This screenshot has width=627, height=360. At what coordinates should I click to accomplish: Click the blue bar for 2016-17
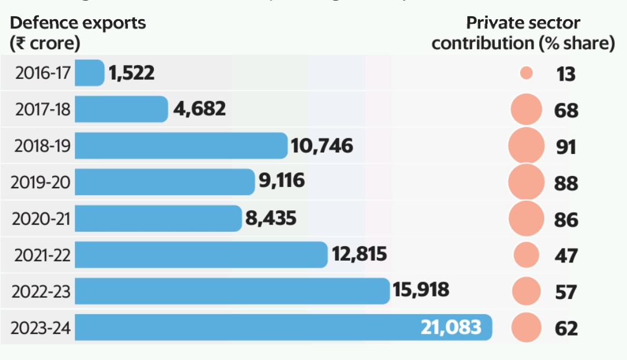[x=89, y=73]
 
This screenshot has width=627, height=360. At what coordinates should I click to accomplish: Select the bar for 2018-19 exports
[x=181, y=146]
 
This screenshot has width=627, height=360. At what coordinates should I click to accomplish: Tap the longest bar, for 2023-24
[x=283, y=327]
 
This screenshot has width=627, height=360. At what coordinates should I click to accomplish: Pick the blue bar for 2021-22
[x=201, y=255]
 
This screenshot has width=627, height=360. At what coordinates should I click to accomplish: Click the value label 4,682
[x=199, y=109]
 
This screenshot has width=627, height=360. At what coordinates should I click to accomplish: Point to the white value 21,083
[x=451, y=327]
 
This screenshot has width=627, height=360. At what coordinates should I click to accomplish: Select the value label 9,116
[x=282, y=182]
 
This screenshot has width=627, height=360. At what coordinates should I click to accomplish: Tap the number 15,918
[x=421, y=290]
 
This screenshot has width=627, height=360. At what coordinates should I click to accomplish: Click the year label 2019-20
[x=41, y=183]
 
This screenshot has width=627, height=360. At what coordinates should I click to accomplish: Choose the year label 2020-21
[x=41, y=219]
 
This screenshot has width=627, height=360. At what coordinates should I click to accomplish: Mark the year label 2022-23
[x=41, y=292]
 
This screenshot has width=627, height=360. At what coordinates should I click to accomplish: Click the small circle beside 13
[x=527, y=73]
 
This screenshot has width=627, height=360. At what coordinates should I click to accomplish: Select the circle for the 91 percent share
[x=526, y=146]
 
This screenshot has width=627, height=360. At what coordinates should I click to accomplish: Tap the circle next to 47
[x=527, y=255]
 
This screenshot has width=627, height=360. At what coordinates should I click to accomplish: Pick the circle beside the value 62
[x=527, y=327]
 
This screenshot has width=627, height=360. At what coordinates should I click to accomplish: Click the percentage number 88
[x=566, y=183]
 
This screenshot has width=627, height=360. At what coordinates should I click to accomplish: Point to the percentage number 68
[x=566, y=110]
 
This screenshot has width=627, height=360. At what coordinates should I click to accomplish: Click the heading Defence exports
[x=78, y=23]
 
